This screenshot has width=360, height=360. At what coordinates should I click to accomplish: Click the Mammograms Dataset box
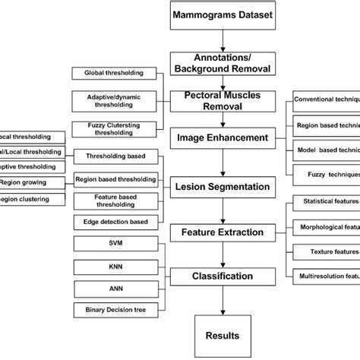pyautogui.click(x=222, y=16)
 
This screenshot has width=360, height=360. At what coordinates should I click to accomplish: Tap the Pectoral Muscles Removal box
pyautogui.click(x=222, y=101)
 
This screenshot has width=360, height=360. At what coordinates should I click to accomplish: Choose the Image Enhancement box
pyautogui.click(x=222, y=138)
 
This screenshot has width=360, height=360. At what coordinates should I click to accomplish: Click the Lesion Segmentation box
pyautogui.click(x=222, y=186)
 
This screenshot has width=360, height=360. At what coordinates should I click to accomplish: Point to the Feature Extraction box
pyautogui.click(x=222, y=232)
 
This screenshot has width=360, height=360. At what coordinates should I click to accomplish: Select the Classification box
pyautogui.click(x=222, y=276)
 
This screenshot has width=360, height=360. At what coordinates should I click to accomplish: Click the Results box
pyautogui.click(x=222, y=334)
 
